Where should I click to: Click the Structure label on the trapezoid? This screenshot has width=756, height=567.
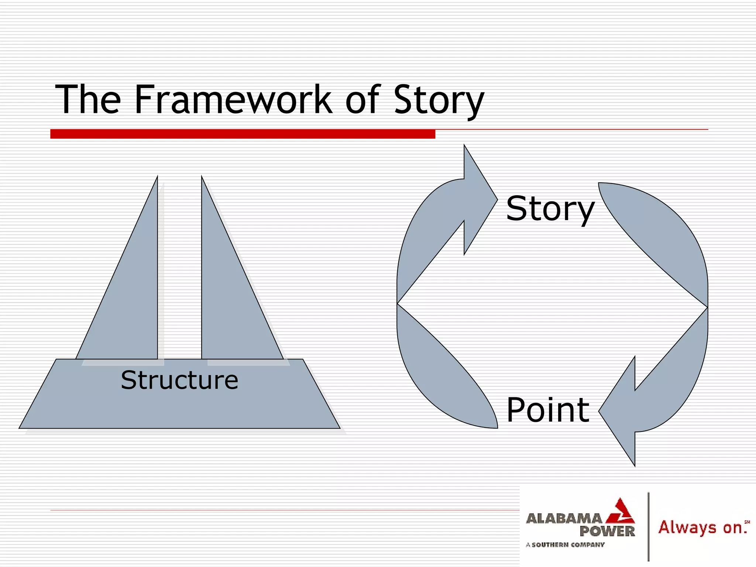tap(179, 380)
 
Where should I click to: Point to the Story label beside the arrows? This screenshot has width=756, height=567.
tap(550, 209)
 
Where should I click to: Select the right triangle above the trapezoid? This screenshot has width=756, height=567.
tap(229, 295)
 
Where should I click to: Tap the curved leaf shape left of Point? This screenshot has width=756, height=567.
tap(439, 377)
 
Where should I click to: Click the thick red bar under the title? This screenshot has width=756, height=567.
tap(243, 134)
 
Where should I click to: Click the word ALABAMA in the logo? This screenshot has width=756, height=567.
tap(564, 519)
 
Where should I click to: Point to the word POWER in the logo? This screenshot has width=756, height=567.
tap(607, 532)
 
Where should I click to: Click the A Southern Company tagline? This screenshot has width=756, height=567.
tap(565, 544)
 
